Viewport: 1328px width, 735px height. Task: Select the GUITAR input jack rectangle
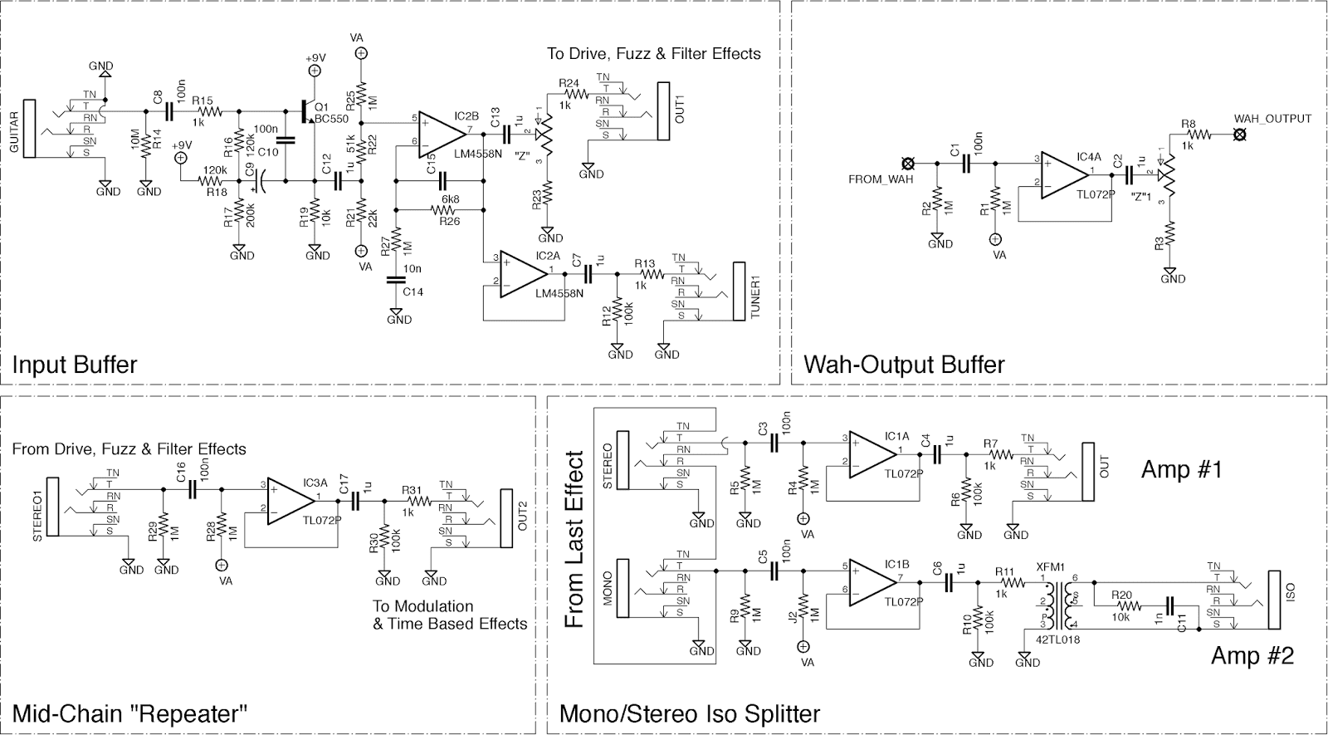tap(31, 128)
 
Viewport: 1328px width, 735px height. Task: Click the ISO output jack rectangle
tap(1274, 600)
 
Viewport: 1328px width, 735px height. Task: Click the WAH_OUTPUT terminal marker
tap(1239, 133)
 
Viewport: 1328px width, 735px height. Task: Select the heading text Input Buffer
tap(75, 365)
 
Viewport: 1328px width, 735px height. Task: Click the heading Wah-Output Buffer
tap(904, 365)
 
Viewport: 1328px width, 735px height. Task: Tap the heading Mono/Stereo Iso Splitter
tap(690, 713)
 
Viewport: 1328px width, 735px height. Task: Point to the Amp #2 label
tap(1252, 656)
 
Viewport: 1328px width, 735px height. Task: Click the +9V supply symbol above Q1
tap(315, 71)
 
